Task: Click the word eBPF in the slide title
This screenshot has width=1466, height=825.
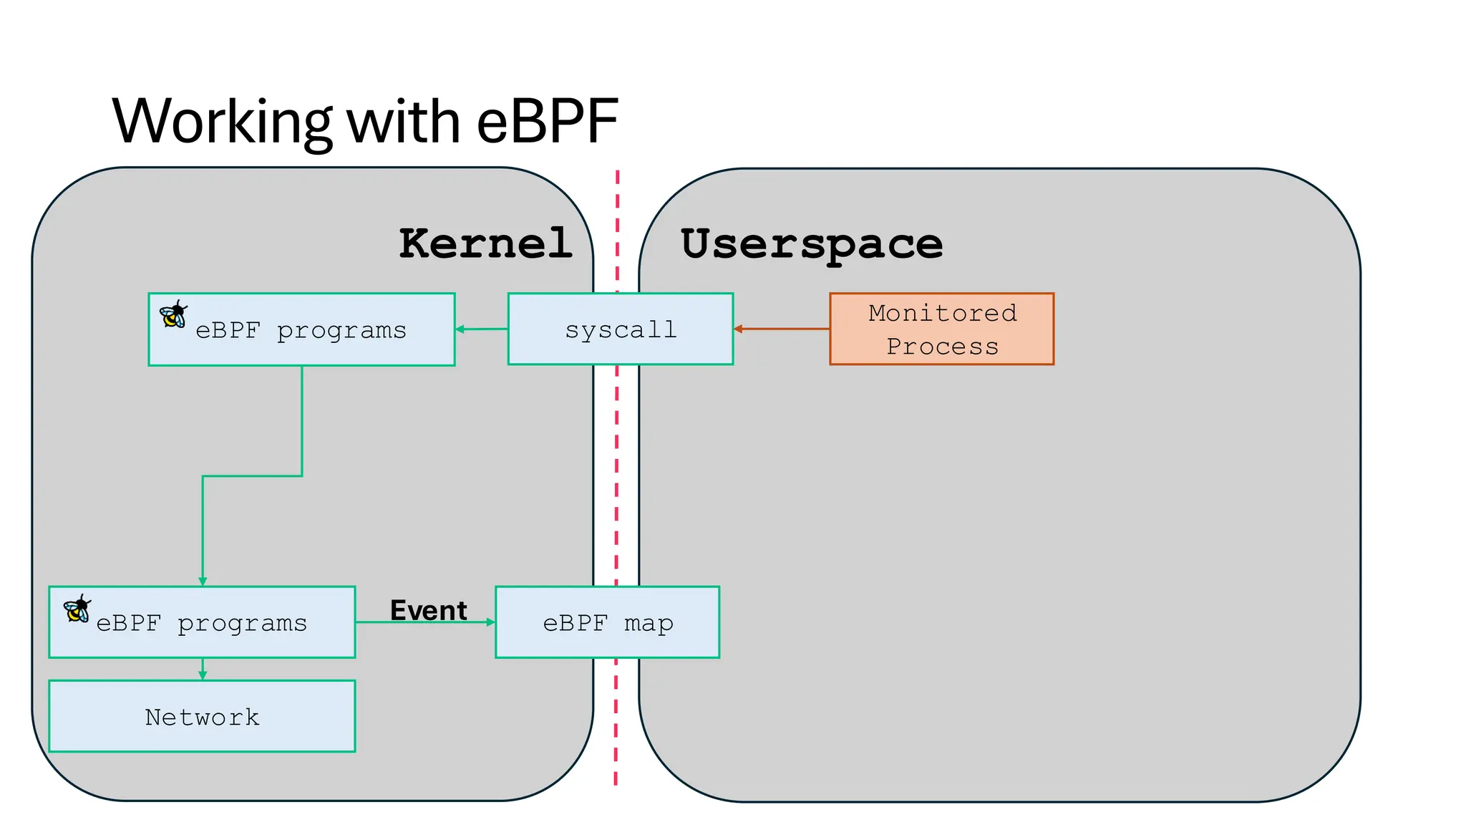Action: [547, 122]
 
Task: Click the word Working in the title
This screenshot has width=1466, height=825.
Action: [222, 122]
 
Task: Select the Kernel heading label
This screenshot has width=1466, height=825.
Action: [485, 243]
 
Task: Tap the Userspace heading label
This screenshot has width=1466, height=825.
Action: [812, 244]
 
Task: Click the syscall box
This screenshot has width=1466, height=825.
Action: [621, 329]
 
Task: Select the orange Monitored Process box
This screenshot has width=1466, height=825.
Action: [942, 329]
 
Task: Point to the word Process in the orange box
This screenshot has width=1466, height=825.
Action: [942, 347]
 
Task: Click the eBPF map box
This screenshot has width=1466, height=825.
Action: [607, 622]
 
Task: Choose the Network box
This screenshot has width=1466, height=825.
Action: [202, 716]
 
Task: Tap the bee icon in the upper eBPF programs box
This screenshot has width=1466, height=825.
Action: [173, 314]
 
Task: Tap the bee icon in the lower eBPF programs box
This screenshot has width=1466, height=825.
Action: [77, 608]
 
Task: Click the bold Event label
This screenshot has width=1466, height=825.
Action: [428, 610]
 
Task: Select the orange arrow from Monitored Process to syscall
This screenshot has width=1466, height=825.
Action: [782, 329]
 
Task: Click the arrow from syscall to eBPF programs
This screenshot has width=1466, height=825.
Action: [481, 329]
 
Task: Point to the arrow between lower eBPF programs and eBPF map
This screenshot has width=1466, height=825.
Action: [425, 622]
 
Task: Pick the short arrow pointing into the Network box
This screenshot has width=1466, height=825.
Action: [203, 670]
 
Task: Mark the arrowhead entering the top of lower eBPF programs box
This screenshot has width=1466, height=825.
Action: [203, 582]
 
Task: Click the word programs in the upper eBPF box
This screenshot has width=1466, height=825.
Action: [341, 331]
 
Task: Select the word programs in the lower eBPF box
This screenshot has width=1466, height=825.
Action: [242, 624]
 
